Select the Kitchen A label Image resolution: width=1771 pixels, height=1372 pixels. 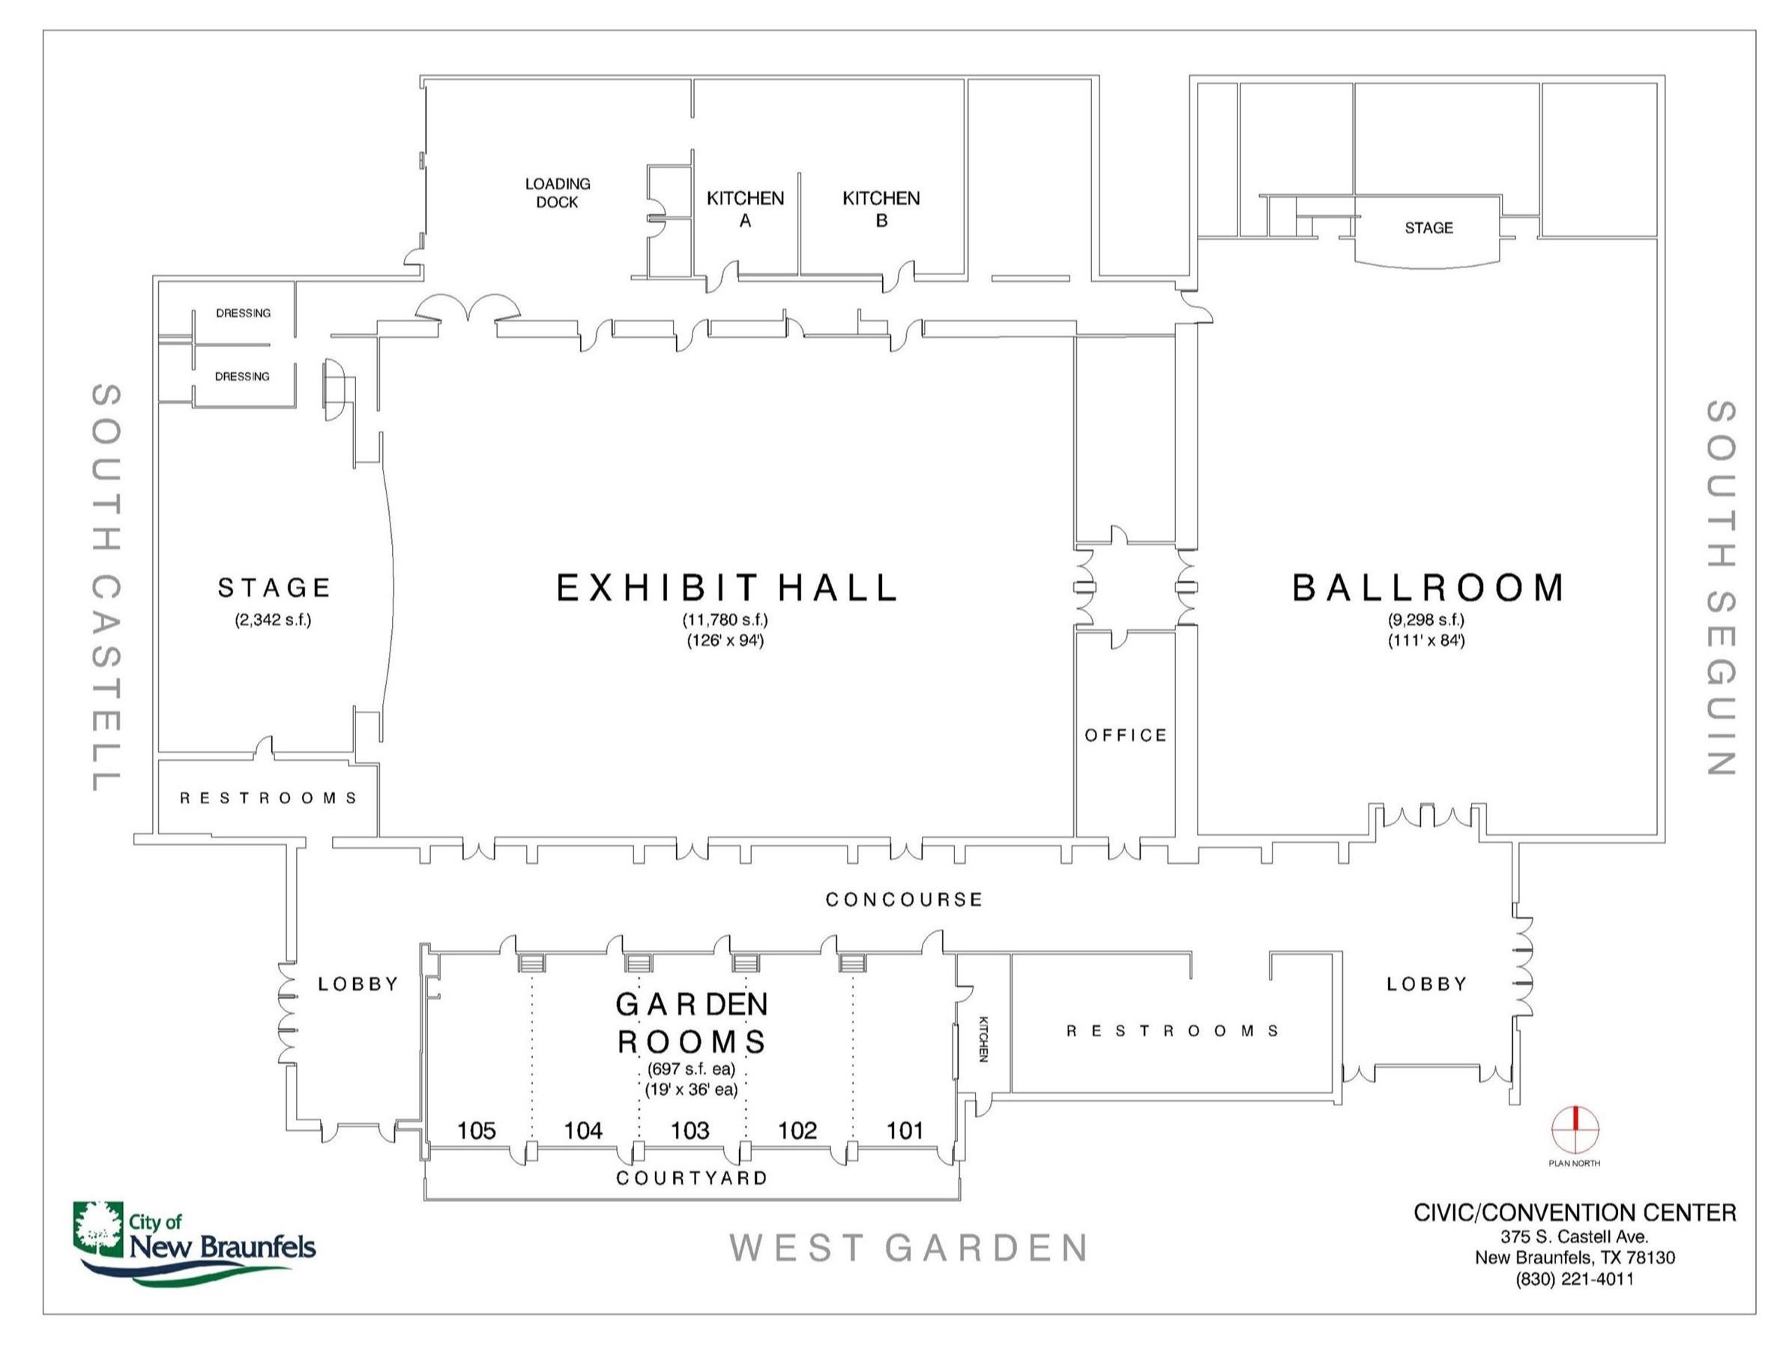745,208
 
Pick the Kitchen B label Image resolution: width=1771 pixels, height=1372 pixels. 881,208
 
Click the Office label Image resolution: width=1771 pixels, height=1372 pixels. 1126,734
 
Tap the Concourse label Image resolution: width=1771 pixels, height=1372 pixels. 903,899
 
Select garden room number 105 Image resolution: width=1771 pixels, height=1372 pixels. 476,1131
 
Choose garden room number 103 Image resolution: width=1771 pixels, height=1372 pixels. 690,1131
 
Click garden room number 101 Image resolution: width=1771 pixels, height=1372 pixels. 905,1131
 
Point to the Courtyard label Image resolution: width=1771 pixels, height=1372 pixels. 692,1177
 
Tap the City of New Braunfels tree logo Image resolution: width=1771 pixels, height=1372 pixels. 97,1226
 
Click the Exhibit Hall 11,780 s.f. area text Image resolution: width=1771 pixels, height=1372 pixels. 725,620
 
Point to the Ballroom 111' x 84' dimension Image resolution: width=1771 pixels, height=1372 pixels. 1426,641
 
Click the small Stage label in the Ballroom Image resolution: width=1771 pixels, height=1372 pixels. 1428,228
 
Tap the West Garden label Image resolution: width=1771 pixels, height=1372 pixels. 908,1248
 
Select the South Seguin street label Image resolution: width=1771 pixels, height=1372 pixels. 1721,588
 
